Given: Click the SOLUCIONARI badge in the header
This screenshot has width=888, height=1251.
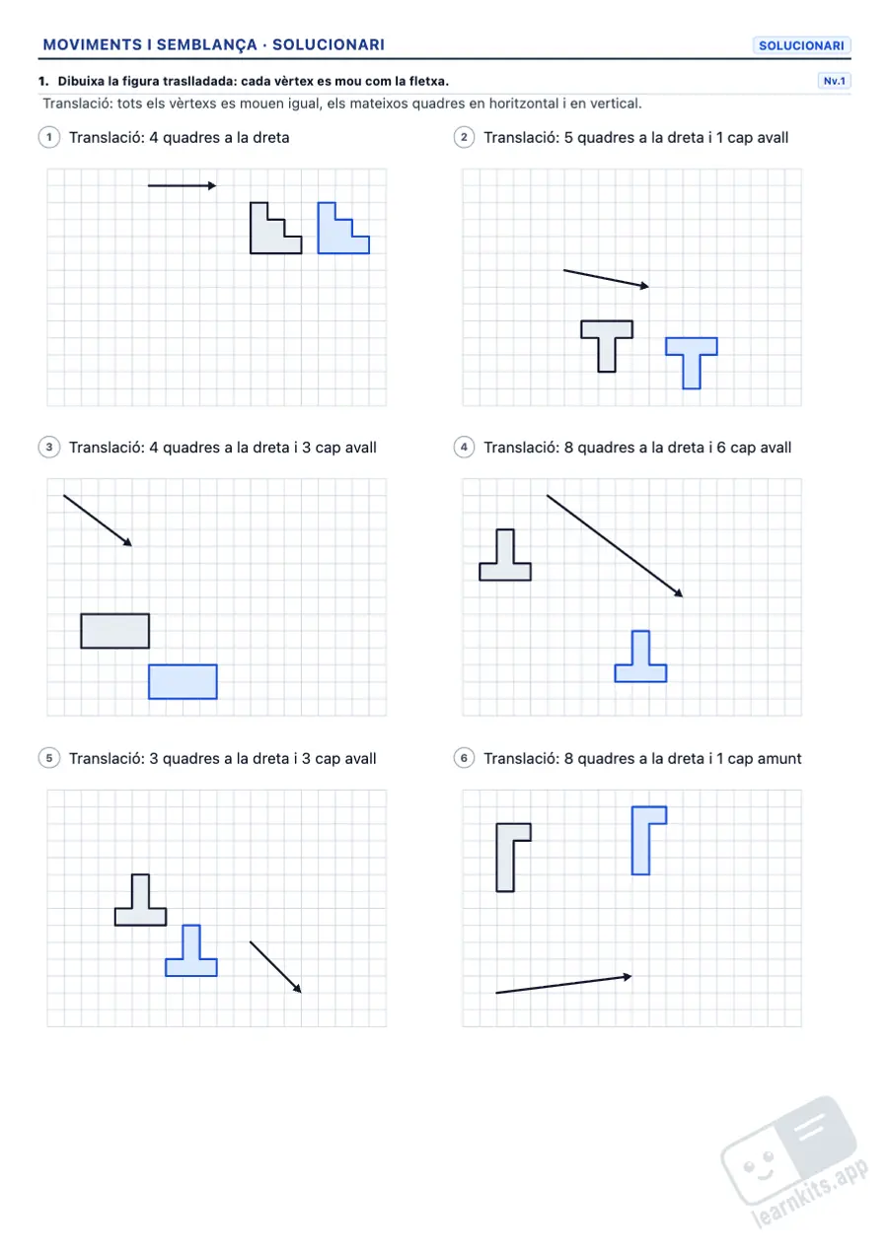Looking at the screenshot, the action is (x=801, y=45).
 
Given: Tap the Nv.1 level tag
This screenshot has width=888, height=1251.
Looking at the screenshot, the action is (x=834, y=81).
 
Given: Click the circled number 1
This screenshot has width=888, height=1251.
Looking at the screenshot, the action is (x=49, y=137).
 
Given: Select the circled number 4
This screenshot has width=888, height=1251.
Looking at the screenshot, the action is (x=464, y=448).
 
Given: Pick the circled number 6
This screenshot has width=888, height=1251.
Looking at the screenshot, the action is (x=464, y=758).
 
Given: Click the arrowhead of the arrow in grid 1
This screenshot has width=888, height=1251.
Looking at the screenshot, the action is (x=212, y=185).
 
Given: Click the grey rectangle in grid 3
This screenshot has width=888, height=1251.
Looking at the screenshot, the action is (x=115, y=631).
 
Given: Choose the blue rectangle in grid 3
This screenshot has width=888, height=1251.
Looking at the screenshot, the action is (x=183, y=681).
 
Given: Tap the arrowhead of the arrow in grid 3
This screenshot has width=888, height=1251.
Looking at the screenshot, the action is (x=128, y=542).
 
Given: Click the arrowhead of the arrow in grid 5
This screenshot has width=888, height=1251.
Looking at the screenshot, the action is (x=298, y=989).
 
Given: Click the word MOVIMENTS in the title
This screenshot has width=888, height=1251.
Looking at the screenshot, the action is (x=92, y=44).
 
